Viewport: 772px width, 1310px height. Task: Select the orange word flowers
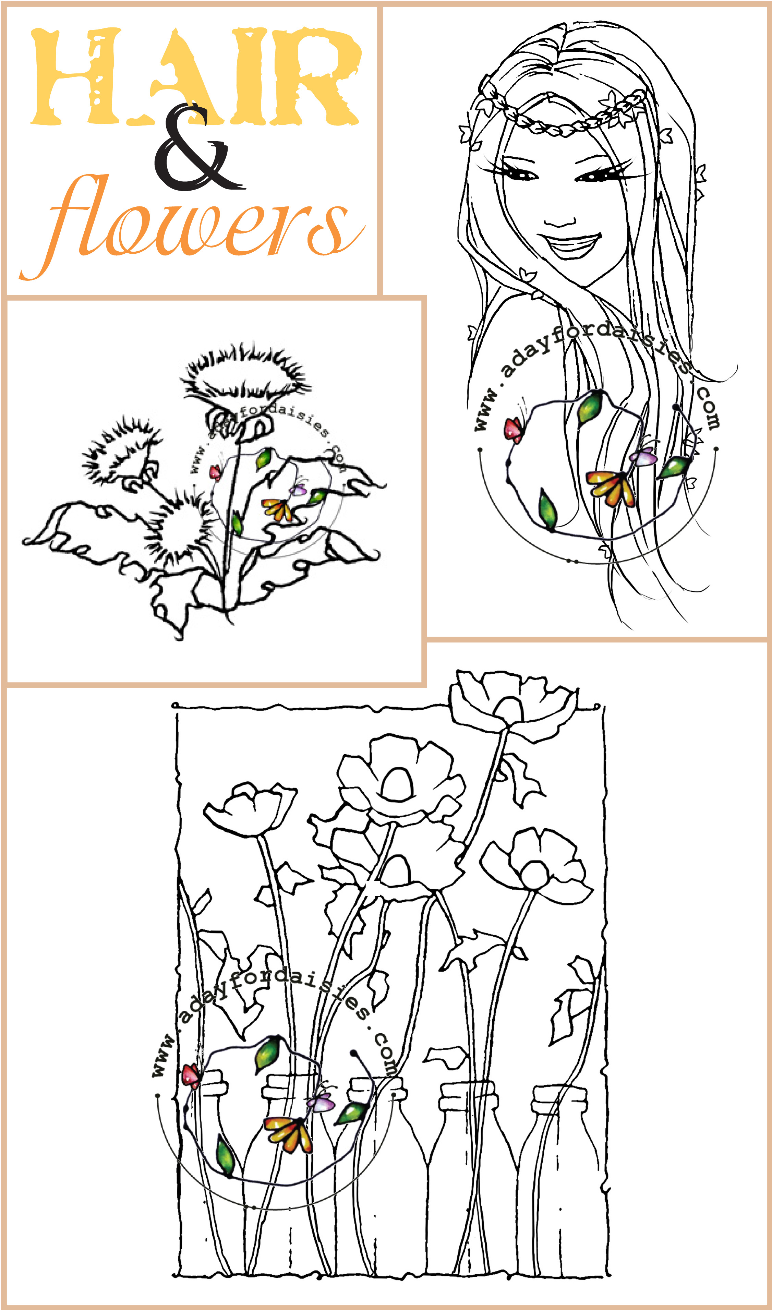192,227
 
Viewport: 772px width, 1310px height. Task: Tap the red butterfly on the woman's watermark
514,430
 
